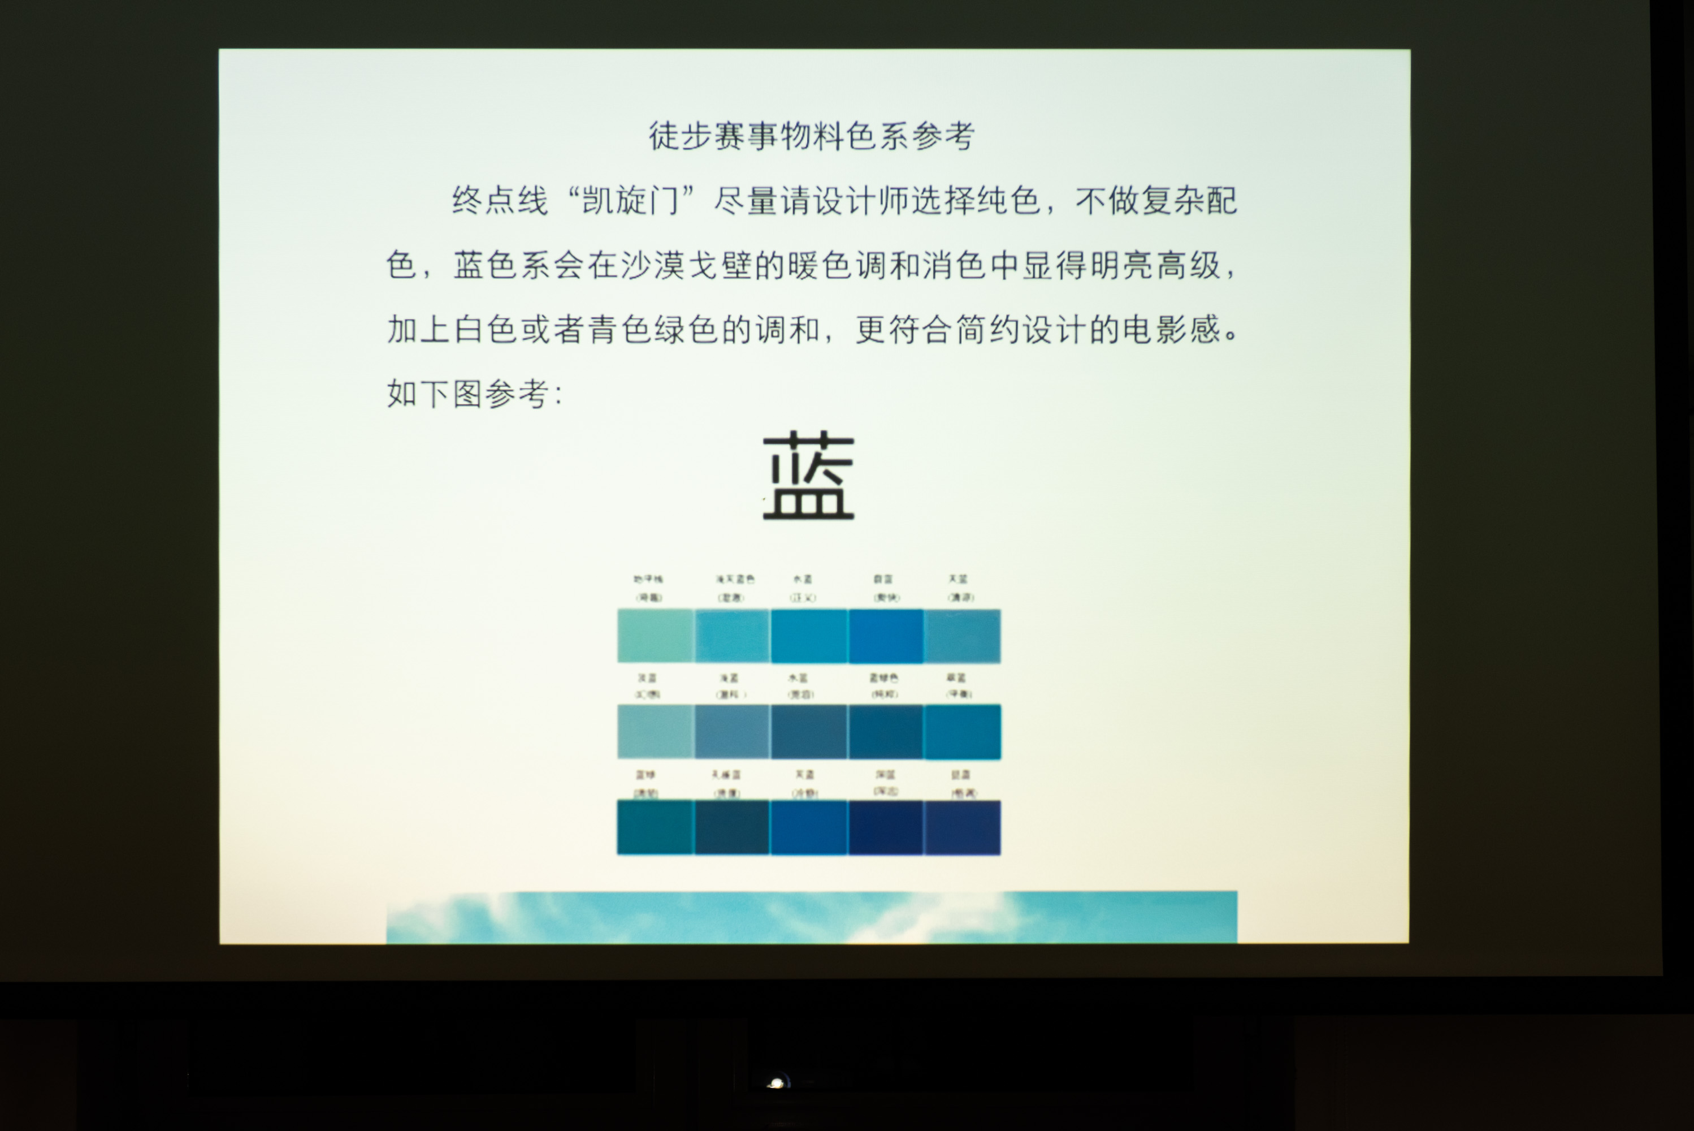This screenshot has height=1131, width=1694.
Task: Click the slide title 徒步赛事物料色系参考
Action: tap(812, 136)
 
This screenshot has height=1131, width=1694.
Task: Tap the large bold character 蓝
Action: tap(808, 476)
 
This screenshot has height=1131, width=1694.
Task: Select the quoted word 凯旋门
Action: tap(630, 201)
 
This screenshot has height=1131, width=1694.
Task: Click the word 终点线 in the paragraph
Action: tap(500, 201)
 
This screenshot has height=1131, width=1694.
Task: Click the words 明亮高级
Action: tap(1155, 265)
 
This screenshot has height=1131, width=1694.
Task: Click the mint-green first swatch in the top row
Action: tap(655, 636)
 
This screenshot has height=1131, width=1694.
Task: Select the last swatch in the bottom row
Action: tap(963, 827)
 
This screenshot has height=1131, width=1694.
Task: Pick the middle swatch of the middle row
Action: tap(809, 731)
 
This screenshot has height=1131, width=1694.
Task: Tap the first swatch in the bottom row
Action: tap(655, 827)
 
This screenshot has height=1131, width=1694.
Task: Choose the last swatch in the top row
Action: tap(963, 636)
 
